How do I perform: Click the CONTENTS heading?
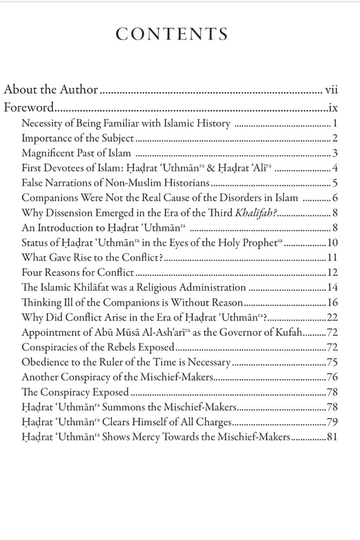point(171,34)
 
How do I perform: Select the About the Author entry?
point(51,90)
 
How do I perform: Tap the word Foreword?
point(29,108)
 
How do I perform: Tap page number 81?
point(332,437)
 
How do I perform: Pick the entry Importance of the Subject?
point(78,139)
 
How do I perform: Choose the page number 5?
point(335,183)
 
